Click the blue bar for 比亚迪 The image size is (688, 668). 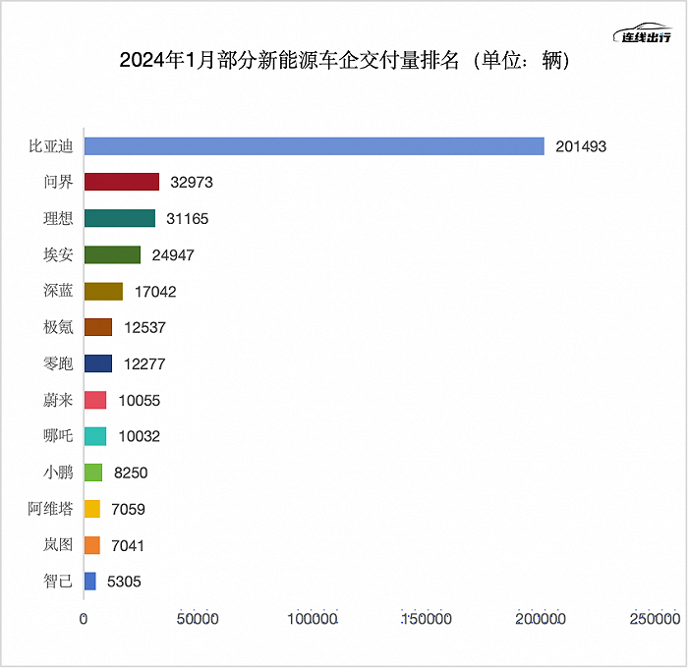(315, 146)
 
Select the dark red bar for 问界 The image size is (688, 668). (122, 182)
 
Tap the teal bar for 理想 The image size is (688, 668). (120, 218)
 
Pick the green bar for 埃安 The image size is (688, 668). (112, 255)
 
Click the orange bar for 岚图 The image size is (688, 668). (92, 545)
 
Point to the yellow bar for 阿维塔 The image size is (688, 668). (92, 509)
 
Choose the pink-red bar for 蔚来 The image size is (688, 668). (95, 400)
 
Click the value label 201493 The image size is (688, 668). (580, 146)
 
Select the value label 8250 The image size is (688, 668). (131, 473)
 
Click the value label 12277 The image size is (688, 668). (144, 364)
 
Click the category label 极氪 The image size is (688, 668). (58, 327)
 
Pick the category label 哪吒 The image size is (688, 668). (58, 436)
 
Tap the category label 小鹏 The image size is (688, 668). (58, 473)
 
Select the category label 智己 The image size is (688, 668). (58, 582)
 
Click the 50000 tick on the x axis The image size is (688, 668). (197, 620)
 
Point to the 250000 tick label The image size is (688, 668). (655, 620)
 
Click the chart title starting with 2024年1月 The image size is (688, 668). (344, 60)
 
